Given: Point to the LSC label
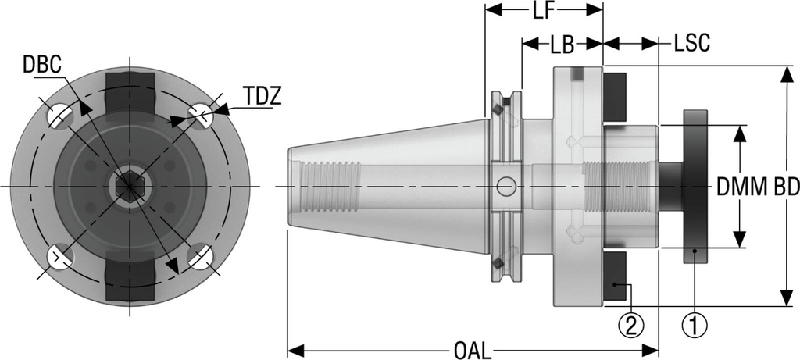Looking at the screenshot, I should pos(691,45).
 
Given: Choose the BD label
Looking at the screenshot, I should pos(784,187).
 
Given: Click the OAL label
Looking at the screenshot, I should pos(472,349).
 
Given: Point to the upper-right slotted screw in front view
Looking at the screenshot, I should pos(200,116).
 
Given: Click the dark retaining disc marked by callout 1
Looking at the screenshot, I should pos(695,187).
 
